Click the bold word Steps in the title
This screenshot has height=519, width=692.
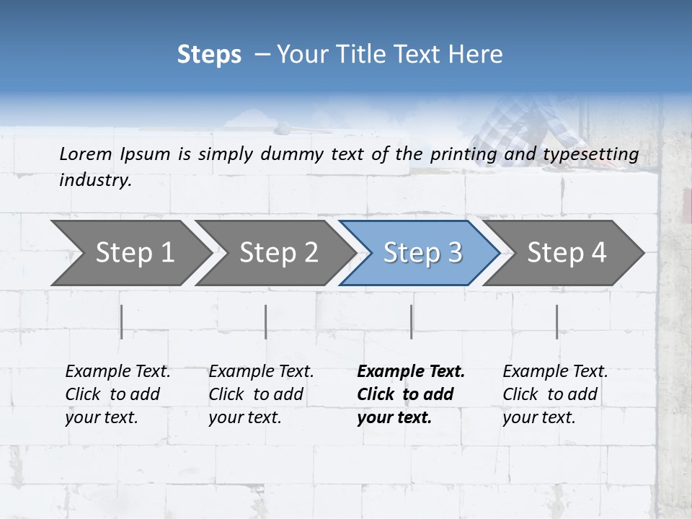pos(209,55)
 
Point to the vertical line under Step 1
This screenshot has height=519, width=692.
pos(122,321)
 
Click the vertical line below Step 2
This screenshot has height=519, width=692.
pos(266,321)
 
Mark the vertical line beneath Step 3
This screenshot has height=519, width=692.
pos(412,321)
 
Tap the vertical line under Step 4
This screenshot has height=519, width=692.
pos(557,321)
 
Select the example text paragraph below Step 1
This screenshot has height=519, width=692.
pos(117,394)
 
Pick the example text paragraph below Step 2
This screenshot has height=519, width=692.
pos(261,394)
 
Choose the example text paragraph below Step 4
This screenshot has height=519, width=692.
pos(555,394)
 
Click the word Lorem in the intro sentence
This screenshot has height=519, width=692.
pos(85,154)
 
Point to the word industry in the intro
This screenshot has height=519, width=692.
pos(94,180)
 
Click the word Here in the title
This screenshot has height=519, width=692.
pos(479,55)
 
